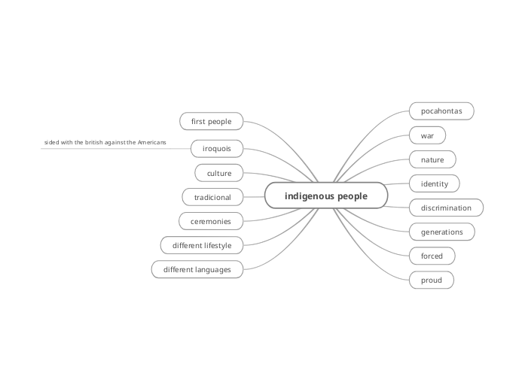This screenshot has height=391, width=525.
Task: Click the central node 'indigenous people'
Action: point(326,195)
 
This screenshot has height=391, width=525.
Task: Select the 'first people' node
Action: point(211,121)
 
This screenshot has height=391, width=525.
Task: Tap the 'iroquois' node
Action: point(216,147)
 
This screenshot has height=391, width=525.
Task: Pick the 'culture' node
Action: point(219,173)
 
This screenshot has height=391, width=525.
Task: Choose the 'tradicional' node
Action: point(212,197)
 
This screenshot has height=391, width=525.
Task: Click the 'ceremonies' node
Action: point(211,221)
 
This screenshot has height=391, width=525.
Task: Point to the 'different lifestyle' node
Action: point(202,245)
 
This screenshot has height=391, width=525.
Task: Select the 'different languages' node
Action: point(197,269)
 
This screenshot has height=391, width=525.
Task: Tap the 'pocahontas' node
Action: point(441,111)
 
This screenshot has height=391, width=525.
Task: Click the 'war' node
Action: point(427,135)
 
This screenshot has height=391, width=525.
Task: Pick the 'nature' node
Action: point(432,159)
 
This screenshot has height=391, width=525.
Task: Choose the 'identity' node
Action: point(435,183)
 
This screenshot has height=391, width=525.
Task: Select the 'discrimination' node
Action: point(446,208)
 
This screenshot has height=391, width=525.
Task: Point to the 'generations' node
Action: point(441,232)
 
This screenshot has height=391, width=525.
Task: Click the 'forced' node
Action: point(432,256)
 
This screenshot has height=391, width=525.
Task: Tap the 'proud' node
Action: point(432,280)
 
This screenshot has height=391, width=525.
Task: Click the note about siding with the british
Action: point(105,142)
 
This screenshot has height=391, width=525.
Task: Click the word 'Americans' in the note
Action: point(151,142)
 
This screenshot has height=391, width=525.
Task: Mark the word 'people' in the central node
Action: point(353,195)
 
